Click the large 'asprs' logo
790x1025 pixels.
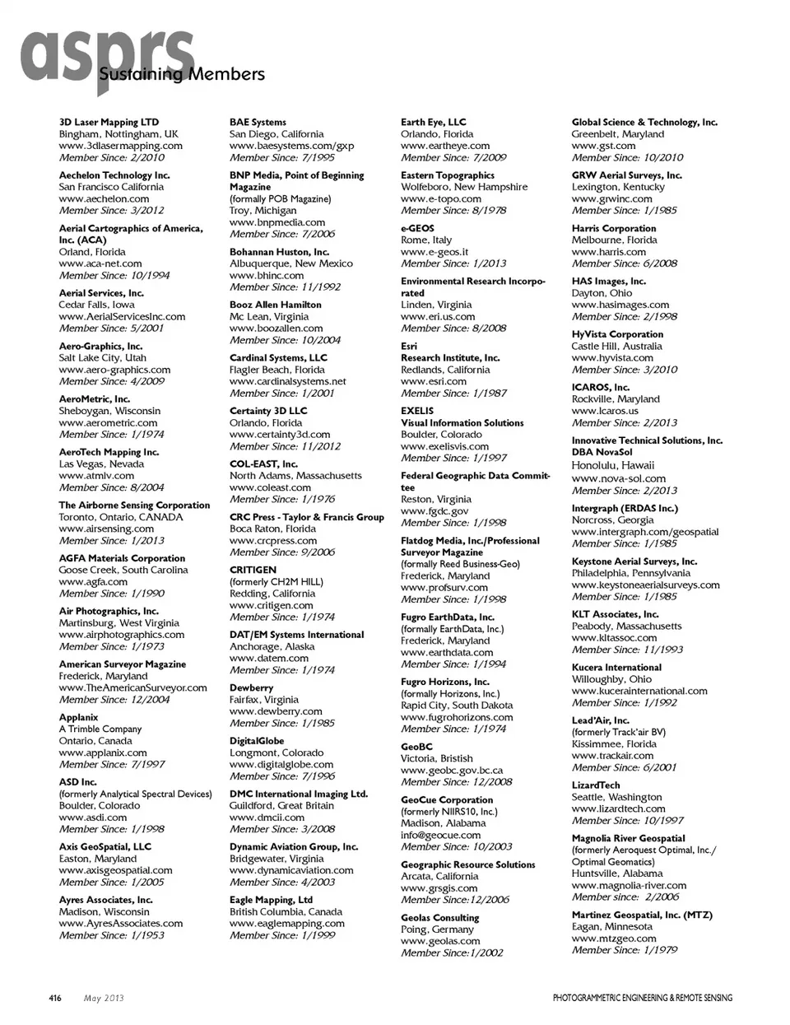point(107,56)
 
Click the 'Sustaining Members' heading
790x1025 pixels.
point(182,75)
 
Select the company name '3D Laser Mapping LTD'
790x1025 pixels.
point(109,122)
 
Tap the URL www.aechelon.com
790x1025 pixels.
point(104,198)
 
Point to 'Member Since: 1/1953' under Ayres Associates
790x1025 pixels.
point(111,935)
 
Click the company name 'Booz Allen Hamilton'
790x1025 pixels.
point(276,305)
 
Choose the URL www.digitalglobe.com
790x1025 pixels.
point(281,764)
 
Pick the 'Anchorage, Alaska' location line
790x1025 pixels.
point(273,646)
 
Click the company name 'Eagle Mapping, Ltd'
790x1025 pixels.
point(271,900)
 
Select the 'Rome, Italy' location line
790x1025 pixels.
point(426,240)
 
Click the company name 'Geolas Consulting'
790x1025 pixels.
point(439,918)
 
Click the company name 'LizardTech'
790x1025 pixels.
point(596,785)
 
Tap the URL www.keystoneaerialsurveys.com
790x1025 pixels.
point(645,585)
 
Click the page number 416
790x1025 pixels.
point(54,998)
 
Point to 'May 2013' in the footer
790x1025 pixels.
point(104,998)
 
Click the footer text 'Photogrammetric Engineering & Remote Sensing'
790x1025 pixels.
point(642,998)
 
